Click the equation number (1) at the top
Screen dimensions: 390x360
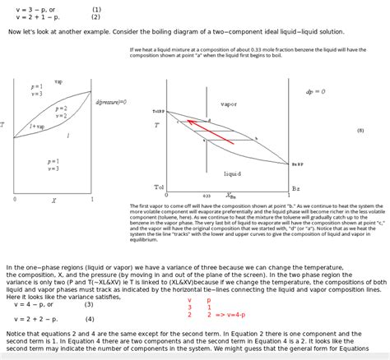pyautogui.click(x=96, y=10)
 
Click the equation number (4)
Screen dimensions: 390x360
pyautogui.click(x=89, y=319)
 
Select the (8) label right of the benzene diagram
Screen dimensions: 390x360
pyautogui.click(x=360, y=130)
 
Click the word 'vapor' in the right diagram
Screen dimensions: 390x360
pyautogui.click(x=229, y=104)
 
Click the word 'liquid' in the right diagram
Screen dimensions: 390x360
pyautogui.click(x=232, y=173)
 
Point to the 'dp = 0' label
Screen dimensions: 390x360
pyautogui.click(x=315, y=91)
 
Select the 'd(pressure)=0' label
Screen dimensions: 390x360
pyautogui.click(x=111, y=102)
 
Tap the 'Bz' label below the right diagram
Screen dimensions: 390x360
pyautogui.click(x=296, y=187)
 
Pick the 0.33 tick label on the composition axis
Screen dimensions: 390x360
pyautogui.click(x=207, y=196)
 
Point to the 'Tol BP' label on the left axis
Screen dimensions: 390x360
pyautogui.click(x=158, y=111)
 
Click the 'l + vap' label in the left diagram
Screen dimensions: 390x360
pyautogui.click(x=38, y=127)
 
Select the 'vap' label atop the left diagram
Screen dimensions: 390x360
pyautogui.click(x=58, y=82)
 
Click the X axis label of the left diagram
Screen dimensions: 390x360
pyautogui.click(x=53, y=200)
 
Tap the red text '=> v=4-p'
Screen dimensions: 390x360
pyautogui.click(x=226, y=315)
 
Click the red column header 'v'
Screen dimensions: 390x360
pyautogui.click(x=189, y=300)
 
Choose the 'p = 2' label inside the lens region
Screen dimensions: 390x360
pyautogui.click(x=61, y=108)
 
